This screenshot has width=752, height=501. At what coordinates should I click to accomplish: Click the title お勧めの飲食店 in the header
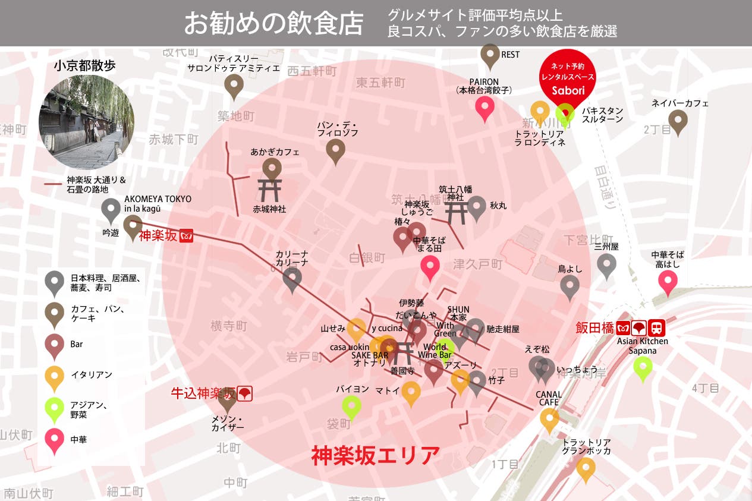(273, 23)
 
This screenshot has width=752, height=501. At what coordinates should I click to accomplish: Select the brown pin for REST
(490, 55)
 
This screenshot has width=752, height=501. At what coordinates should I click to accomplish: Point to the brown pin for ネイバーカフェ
(678, 121)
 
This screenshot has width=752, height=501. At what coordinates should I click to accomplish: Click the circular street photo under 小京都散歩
(86, 122)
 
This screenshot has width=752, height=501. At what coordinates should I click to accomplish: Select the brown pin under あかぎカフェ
(272, 168)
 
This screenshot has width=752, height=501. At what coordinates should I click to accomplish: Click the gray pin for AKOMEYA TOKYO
(111, 209)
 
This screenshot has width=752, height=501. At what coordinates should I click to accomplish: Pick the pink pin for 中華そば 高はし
(668, 281)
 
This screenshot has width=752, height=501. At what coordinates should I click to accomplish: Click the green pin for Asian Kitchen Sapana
(643, 367)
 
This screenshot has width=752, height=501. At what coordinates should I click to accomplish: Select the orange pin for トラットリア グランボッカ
(586, 468)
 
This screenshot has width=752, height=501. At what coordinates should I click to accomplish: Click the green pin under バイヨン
(351, 407)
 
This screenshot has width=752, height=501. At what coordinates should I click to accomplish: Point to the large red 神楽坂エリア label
(375, 455)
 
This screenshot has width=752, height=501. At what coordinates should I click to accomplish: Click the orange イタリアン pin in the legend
(55, 376)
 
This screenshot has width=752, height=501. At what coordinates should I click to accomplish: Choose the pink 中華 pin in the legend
(55, 440)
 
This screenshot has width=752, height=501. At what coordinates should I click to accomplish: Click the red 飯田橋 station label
(594, 327)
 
